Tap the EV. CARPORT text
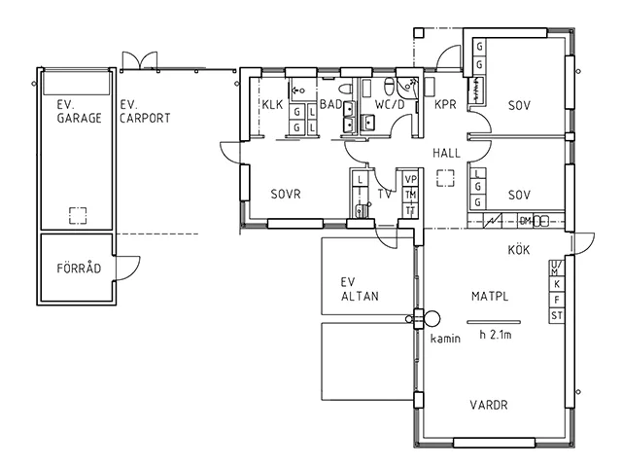(x=145, y=111)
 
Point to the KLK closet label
(x=271, y=105)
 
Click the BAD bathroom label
(x=329, y=105)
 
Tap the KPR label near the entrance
(x=446, y=105)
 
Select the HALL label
(x=447, y=153)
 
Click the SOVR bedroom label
(x=286, y=194)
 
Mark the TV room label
(x=386, y=194)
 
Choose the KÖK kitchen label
(x=518, y=250)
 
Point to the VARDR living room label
(x=491, y=405)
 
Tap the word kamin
(x=446, y=339)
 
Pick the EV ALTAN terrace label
(x=359, y=290)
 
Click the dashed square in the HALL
(x=446, y=178)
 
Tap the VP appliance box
(x=410, y=180)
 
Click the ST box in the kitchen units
(x=557, y=316)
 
